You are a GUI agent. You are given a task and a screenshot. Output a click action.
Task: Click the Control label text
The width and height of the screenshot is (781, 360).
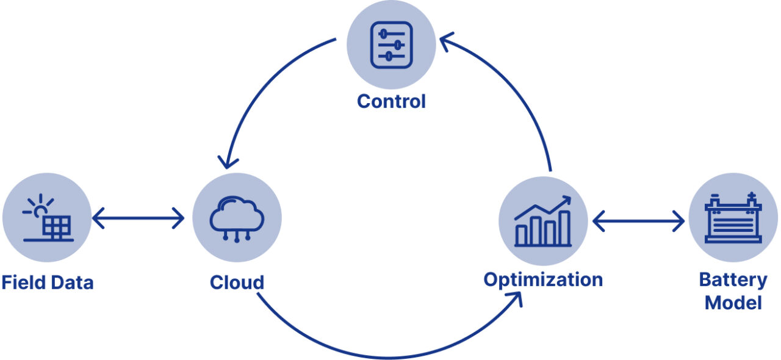pos(391,101)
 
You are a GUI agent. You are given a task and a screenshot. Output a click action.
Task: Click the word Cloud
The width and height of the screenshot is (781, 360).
pos(237,283)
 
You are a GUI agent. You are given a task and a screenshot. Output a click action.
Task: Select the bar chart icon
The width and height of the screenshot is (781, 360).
pos(543,221)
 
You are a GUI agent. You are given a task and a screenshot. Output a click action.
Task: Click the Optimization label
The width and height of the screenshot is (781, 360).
pos(543,280)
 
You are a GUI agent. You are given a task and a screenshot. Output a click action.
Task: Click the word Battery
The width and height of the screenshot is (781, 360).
pos(733,280)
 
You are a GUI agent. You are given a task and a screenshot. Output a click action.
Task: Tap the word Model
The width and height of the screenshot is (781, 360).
pos(733,303)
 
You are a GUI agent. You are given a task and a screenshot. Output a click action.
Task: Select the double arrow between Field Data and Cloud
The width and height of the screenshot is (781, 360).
pos(139,217)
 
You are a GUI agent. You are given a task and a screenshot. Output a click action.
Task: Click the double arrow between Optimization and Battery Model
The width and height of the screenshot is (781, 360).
pos(638,221)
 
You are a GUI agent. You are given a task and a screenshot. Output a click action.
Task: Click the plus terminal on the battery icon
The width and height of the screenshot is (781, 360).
pos(751,196)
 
